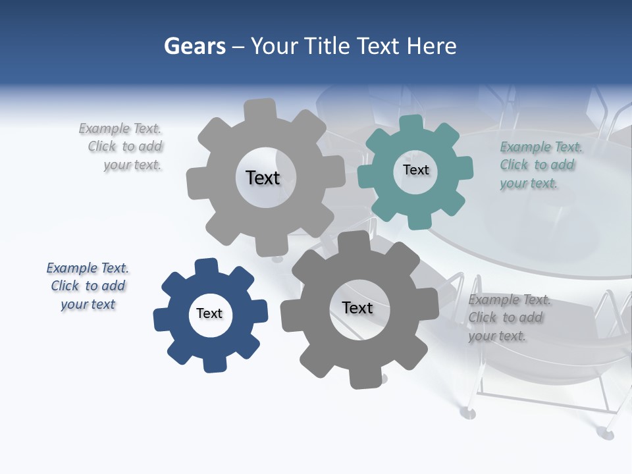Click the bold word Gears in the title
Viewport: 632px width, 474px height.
click(x=194, y=46)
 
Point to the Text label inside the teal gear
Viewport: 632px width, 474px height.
click(x=415, y=170)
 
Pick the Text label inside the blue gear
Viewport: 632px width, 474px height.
click(x=209, y=313)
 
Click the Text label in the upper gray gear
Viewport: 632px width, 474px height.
click(x=263, y=178)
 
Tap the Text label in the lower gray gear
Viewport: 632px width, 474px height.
click(x=357, y=307)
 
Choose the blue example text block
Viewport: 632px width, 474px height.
click(x=88, y=286)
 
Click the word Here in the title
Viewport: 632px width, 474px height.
click(x=431, y=46)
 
